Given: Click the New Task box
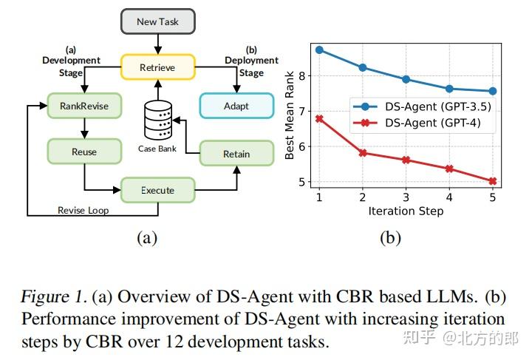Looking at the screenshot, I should click(157, 21).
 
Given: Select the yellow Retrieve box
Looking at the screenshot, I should click(157, 67).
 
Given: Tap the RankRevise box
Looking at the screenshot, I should click(83, 106).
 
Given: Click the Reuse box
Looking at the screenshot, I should click(83, 152).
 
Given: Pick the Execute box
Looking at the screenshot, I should click(157, 190).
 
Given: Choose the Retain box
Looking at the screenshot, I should click(236, 154).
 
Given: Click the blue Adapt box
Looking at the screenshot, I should click(236, 106).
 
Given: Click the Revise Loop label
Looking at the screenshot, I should click(83, 210).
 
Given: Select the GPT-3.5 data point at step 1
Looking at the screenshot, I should click(319, 50).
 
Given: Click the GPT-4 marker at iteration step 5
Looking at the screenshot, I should click(493, 181).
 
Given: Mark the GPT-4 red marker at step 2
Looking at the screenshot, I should click(363, 153).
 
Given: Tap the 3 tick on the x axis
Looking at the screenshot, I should click(406, 198).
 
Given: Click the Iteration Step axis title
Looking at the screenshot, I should click(406, 211).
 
